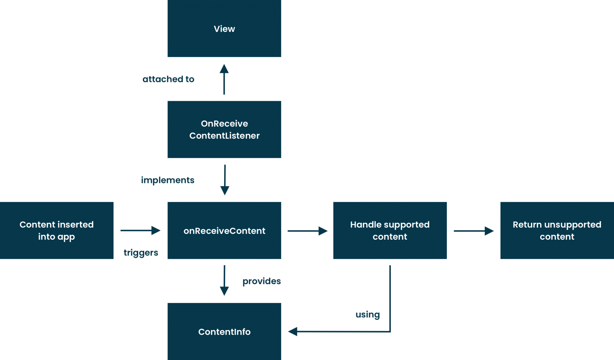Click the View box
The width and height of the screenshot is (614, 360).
[x=224, y=29]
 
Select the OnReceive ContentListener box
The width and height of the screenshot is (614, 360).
[x=224, y=129]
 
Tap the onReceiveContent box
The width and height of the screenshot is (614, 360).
[x=224, y=230]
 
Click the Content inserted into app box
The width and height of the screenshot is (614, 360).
[x=57, y=230]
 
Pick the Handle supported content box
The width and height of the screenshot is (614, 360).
[x=390, y=230]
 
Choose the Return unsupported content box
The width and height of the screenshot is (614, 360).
[x=557, y=230]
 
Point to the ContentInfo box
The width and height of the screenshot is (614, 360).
[x=224, y=332]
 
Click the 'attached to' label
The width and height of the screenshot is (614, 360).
[x=168, y=79]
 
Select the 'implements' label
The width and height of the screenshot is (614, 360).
[x=168, y=180]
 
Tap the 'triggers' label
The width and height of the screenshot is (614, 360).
[x=141, y=252]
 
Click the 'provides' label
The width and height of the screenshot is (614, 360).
[x=262, y=281]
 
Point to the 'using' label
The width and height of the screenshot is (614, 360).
[x=368, y=315]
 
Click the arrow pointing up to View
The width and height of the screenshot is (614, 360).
[x=224, y=79]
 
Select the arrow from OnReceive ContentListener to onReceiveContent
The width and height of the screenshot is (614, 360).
[x=225, y=180]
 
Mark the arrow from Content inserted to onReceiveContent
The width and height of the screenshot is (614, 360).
[x=140, y=230]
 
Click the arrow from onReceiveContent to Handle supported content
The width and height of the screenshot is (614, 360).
[x=307, y=231]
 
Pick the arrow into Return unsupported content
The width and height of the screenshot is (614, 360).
[x=474, y=231]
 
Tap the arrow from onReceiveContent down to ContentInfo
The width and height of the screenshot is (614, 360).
[x=224, y=280]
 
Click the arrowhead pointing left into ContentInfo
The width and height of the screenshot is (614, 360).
[x=293, y=332]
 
